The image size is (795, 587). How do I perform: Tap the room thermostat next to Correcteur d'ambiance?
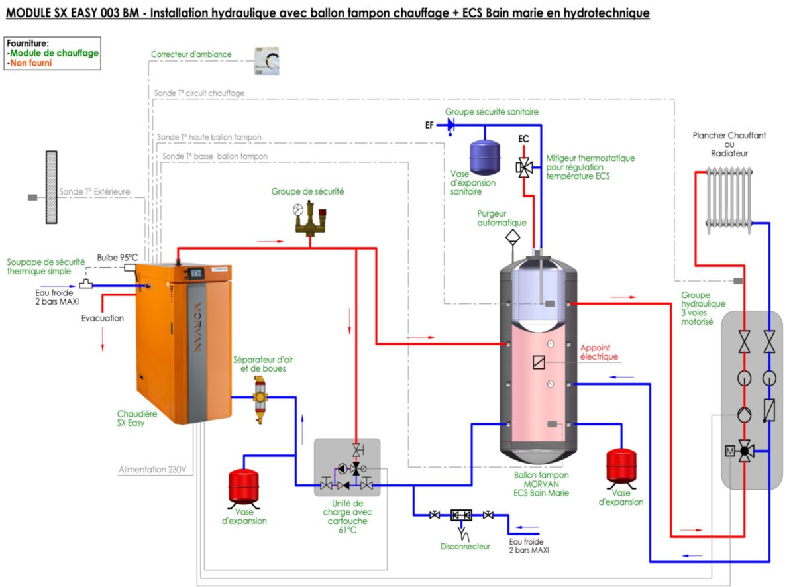(x=268, y=60)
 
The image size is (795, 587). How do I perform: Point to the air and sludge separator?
(x=259, y=399)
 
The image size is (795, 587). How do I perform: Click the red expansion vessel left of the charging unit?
(x=243, y=486)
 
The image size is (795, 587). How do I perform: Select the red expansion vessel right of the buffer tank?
(x=621, y=466)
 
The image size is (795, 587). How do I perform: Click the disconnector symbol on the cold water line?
(x=461, y=515)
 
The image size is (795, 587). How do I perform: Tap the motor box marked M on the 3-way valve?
(x=729, y=452)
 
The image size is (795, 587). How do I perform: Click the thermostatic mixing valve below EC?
(x=524, y=168)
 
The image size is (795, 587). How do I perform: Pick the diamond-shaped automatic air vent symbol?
(x=513, y=237)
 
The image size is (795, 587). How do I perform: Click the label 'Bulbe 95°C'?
(x=117, y=257)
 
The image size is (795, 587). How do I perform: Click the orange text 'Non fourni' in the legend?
(x=30, y=63)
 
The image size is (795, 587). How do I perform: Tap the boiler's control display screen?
(x=197, y=272)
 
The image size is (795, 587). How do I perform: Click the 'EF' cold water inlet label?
(x=429, y=125)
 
